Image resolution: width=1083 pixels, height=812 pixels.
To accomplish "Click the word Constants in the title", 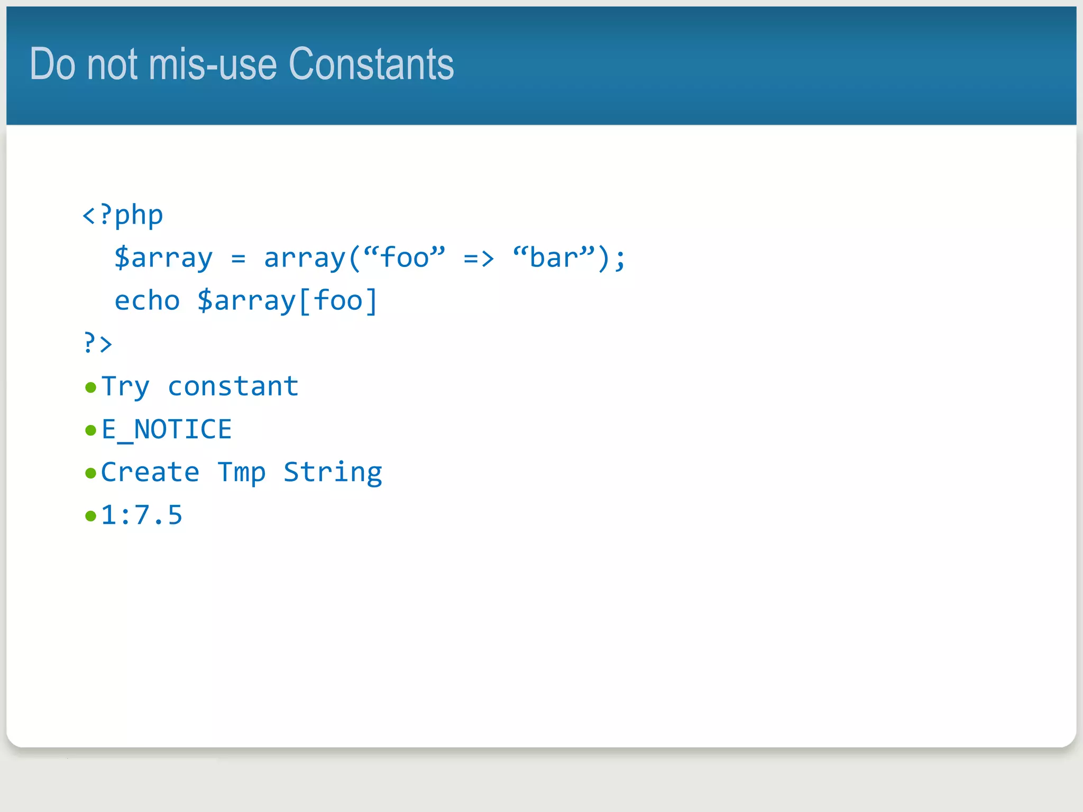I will (371, 64).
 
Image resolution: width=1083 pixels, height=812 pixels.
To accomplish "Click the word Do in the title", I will (52, 64).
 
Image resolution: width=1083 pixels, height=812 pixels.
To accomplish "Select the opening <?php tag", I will (123, 215).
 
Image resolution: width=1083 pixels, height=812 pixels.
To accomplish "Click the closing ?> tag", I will (98, 344).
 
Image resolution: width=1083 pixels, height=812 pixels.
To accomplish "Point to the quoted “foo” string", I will (405, 257).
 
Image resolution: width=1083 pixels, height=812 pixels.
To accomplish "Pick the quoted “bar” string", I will (554, 257).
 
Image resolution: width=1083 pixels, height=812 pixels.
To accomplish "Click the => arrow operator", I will (479, 259).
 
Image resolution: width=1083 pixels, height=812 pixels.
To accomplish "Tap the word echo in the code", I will (147, 301).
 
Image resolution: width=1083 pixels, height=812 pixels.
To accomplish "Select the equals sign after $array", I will (238, 259).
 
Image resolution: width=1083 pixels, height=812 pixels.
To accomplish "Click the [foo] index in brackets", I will (338, 301).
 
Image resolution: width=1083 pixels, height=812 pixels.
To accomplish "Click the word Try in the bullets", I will (125, 386).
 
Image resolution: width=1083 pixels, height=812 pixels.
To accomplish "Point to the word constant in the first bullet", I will (233, 386).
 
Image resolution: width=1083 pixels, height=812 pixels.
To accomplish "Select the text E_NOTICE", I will (167, 429).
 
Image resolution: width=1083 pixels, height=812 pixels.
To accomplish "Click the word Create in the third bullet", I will (150, 472).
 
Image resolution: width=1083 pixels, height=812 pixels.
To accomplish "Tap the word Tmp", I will (242, 472).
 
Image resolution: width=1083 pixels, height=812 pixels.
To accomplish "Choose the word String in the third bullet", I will (333, 472).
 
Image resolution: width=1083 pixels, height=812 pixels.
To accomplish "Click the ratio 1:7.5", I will (142, 515).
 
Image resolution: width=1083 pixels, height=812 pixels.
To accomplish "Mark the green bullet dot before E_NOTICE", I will (90, 430).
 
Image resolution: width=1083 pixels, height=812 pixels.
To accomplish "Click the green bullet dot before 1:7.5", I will (90, 516).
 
